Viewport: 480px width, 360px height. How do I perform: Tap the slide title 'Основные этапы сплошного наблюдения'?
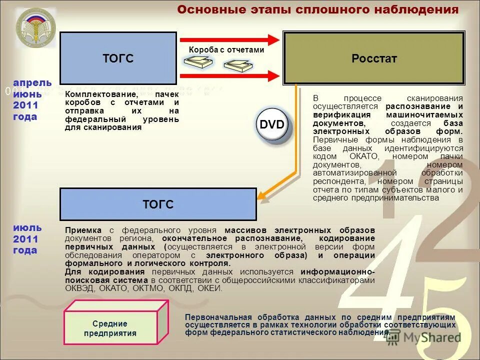[x=318, y=9]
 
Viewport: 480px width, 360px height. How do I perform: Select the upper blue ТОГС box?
[x=118, y=58]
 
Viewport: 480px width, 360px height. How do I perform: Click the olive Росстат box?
[x=374, y=58]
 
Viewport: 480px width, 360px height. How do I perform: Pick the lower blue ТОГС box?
[x=158, y=204]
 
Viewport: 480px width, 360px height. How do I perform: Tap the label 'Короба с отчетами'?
[x=226, y=49]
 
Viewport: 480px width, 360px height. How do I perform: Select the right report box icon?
[x=237, y=65]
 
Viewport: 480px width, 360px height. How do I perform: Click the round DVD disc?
[x=272, y=125]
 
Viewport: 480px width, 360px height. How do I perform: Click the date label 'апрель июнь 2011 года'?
[x=31, y=99]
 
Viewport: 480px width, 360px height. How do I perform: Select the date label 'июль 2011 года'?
[x=27, y=239]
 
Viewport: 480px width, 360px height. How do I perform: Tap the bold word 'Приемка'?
[x=83, y=230]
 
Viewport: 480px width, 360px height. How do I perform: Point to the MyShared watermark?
[x=423, y=337]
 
